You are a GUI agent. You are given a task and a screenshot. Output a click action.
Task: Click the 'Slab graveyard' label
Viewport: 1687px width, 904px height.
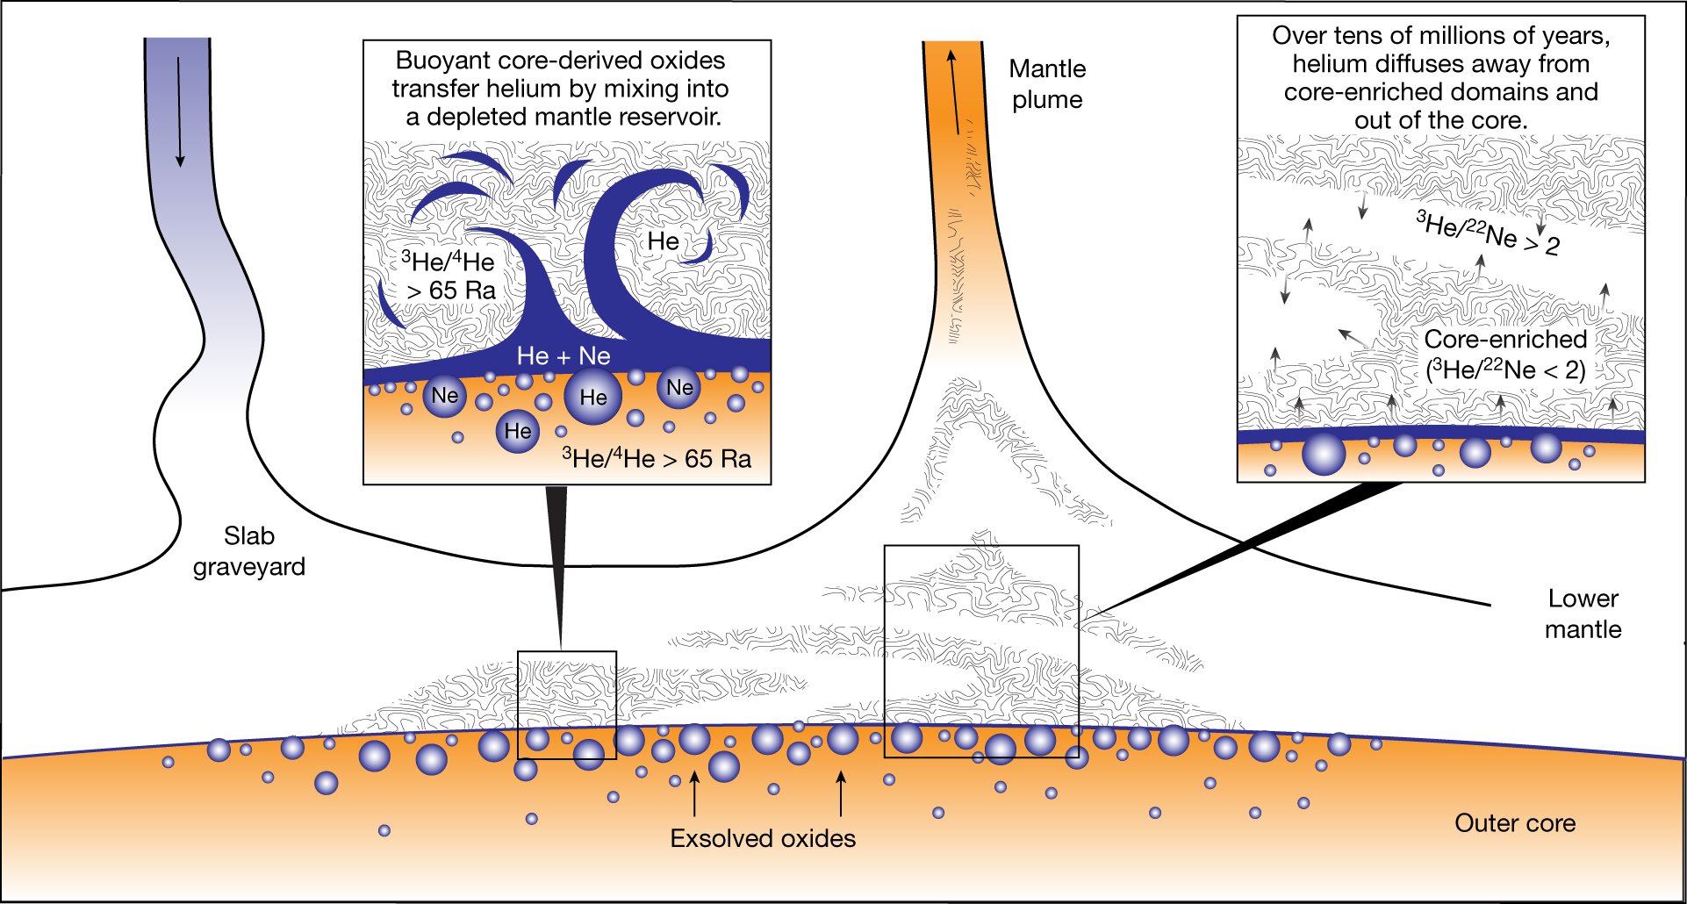coord(249,551)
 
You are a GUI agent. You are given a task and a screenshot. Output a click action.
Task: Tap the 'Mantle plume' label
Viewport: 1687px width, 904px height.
coord(1047,84)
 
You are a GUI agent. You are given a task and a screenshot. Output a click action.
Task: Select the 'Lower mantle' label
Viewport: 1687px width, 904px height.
coord(1583,613)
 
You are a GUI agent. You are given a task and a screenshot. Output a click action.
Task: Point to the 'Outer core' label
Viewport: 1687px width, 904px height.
coord(1515,823)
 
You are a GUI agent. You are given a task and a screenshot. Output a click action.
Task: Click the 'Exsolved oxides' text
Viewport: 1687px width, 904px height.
coord(763,838)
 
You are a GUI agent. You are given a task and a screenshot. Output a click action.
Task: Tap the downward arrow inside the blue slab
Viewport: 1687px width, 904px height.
coord(180,112)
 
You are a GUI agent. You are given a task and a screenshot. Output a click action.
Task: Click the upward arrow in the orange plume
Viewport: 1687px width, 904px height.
coord(951,91)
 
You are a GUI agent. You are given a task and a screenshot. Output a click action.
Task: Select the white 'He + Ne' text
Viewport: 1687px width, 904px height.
coord(564,355)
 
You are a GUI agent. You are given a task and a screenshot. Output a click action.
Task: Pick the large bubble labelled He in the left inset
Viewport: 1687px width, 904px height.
coord(592,397)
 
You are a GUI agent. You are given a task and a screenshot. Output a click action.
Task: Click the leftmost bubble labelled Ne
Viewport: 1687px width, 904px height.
coord(444,396)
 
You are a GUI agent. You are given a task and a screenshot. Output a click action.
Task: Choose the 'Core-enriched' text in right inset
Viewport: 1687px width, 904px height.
coord(1505,339)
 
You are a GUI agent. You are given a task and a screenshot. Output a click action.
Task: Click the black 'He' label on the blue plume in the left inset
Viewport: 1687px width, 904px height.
coord(663,241)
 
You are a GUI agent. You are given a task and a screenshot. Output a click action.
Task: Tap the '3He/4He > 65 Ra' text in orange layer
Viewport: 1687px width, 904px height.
coord(657,458)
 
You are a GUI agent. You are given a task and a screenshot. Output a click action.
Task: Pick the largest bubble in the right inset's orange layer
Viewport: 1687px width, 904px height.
coord(1324,454)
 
